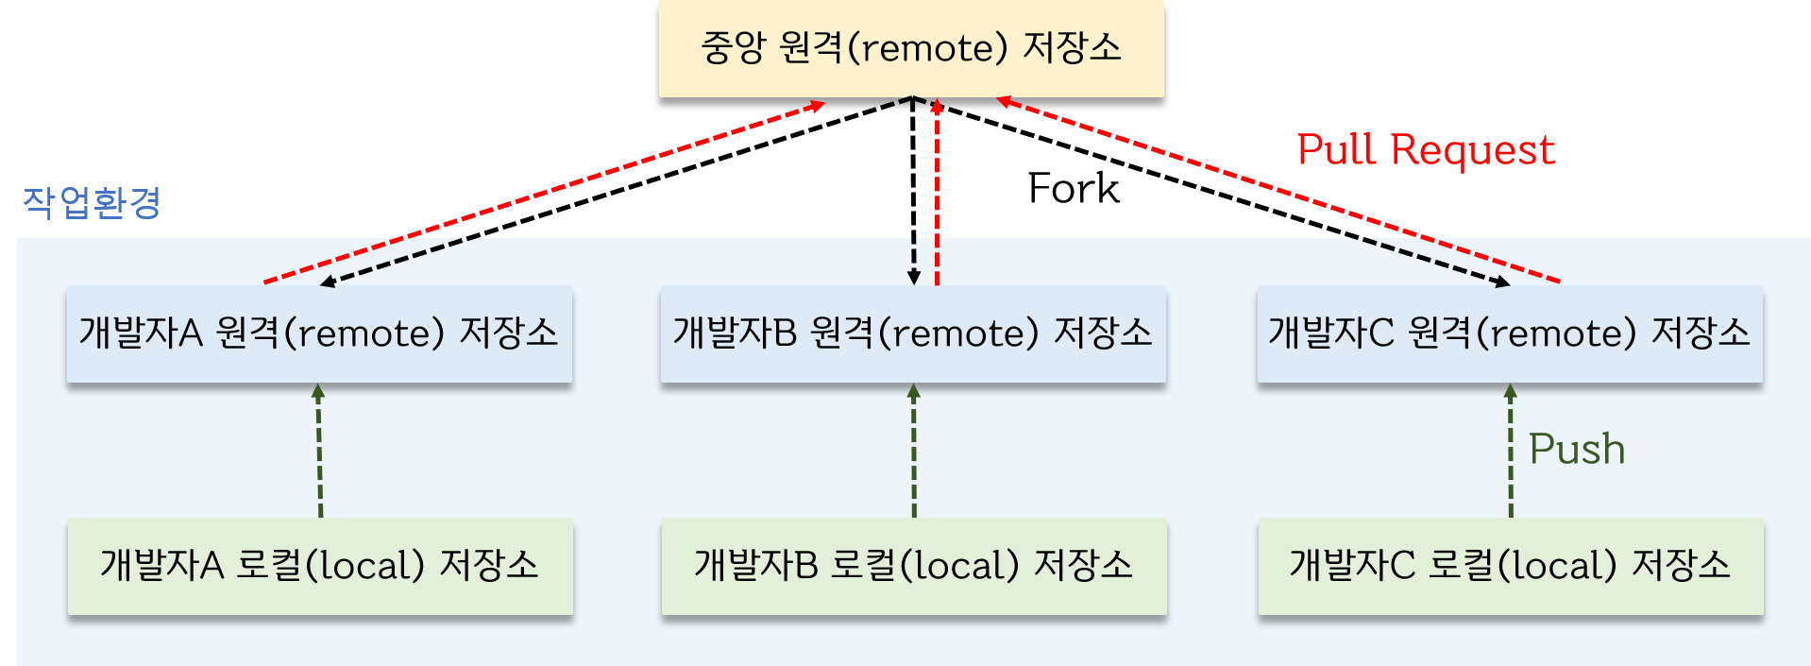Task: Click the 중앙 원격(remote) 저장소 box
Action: [911, 48]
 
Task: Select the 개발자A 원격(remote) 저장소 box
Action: [319, 333]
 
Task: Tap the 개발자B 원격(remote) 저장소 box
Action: [913, 333]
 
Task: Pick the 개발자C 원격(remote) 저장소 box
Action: [1510, 333]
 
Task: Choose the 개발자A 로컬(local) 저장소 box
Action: [320, 566]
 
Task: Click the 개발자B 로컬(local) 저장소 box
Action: [914, 566]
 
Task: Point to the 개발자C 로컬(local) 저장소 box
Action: [1511, 566]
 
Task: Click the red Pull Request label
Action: [1426, 150]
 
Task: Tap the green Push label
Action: [1577, 449]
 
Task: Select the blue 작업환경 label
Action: [92, 202]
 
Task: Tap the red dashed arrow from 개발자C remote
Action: [1275, 190]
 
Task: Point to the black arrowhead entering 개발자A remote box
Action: [328, 281]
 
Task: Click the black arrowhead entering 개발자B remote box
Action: [913, 277]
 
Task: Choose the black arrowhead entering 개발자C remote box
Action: [1502, 281]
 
